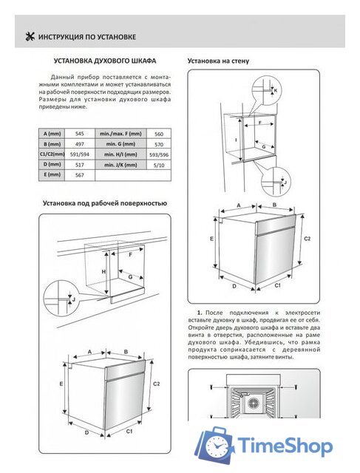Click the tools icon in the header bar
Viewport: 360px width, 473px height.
[x=30, y=36]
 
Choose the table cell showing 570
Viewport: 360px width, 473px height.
[x=158, y=144]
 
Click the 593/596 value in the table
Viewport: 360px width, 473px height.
[x=158, y=155]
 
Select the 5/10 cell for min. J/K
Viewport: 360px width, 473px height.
[x=158, y=166]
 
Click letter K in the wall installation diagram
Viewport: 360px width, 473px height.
[x=276, y=89]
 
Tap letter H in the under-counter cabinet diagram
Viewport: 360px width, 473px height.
[x=105, y=271]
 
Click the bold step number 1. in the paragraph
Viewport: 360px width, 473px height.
[x=200, y=315]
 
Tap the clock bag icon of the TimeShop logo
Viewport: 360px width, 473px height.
[x=218, y=445]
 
